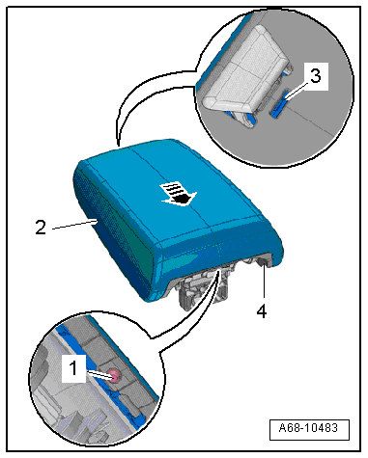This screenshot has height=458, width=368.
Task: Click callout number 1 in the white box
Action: click(73, 368)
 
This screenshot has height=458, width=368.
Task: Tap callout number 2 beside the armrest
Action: click(41, 228)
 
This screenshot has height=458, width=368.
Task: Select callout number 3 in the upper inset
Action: click(315, 76)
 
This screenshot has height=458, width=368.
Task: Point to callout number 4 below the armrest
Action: click(262, 310)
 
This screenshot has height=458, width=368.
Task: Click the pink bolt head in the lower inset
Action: click(115, 375)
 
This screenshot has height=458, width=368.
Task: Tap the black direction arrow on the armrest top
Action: click(180, 194)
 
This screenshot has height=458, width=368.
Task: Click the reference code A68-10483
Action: click(308, 428)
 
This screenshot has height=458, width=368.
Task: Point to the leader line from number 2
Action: click(74, 225)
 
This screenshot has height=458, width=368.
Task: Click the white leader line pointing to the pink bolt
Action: click(99, 374)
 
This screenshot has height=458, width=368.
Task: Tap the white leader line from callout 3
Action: click(297, 89)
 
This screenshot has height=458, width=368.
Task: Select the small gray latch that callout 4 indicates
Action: click(264, 261)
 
